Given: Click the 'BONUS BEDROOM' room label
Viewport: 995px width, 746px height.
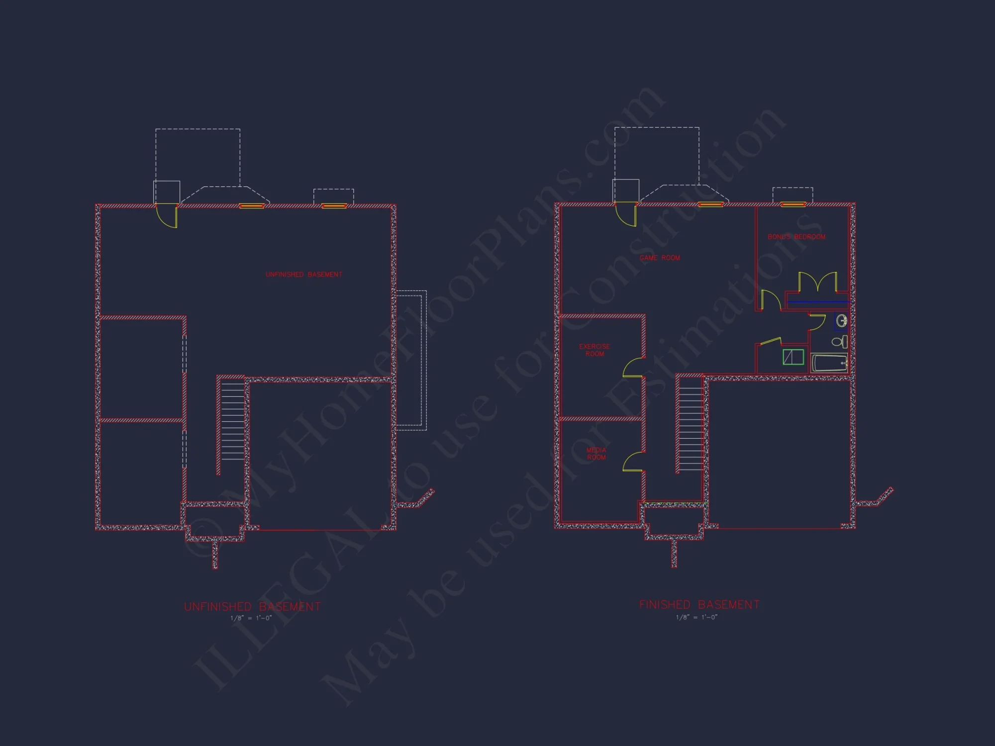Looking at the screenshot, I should (796, 237).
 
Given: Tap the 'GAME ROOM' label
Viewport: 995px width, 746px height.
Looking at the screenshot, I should (660, 258).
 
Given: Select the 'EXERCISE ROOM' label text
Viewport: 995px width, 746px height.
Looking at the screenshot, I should (595, 350).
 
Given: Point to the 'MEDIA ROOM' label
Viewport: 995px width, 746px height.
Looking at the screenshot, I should (596, 454).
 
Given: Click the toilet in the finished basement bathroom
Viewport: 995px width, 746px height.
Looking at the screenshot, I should (839, 342).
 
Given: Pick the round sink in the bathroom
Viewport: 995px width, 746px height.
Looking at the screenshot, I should (841, 320).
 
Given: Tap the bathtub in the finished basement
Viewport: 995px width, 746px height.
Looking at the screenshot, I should (829, 363).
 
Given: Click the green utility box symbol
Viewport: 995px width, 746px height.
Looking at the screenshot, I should (794, 357).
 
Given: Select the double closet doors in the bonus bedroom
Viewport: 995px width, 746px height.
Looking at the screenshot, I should (818, 282).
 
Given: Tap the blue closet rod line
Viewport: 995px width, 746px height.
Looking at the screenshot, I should (818, 302).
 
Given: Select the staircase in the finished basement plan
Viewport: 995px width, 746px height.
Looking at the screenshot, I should (691, 423).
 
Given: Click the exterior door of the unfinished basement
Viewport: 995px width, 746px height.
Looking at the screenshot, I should (167, 216).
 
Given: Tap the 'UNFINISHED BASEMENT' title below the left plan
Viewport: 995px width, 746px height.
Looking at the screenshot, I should (252, 607).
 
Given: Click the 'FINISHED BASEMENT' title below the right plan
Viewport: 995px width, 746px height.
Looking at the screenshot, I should (699, 605).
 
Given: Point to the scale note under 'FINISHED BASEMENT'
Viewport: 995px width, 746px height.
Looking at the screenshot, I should (696, 617).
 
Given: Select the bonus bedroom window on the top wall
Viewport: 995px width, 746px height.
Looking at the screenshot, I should (793, 204).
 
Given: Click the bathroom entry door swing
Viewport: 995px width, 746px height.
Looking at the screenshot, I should (817, 322).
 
